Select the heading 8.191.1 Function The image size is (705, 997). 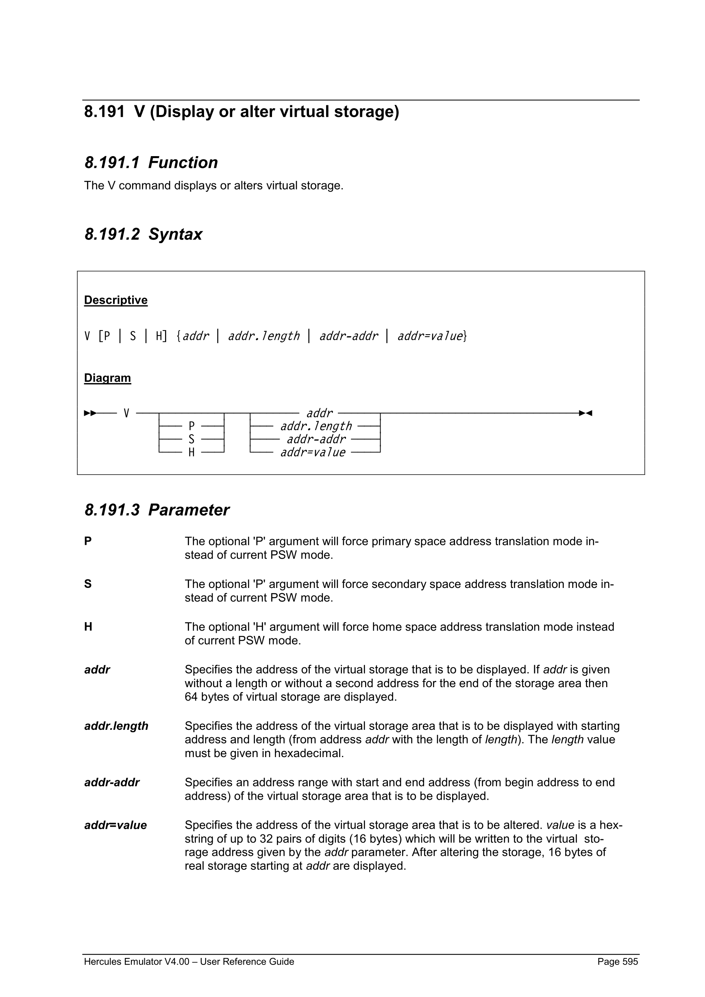coord(151,163)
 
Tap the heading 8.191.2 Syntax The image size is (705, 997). coord(143,235)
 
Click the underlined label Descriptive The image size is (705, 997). coord(115,300)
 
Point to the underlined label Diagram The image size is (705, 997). coord(107,378)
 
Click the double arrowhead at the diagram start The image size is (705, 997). coord(90,413)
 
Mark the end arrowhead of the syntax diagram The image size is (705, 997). coord(585,413)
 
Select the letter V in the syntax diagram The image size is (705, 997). coord(126,413)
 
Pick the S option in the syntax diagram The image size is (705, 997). coord(191,440)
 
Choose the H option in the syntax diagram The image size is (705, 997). coord(191,453)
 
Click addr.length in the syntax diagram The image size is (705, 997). coord(316,427)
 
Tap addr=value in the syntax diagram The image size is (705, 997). coord(313,453)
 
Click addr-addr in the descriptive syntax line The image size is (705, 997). coord(348,336)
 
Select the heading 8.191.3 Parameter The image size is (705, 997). coord(157,510)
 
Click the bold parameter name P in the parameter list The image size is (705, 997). coord(88,542)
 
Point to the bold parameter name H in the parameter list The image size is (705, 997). coord(88,627)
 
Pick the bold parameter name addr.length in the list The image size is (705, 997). coord(116,726)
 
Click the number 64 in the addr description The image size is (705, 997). coord(191,697)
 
